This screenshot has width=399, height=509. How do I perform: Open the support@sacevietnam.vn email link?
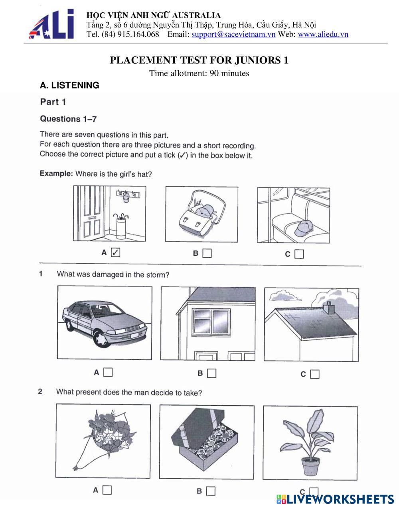tap(233, 34)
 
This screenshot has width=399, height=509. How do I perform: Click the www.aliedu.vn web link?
tap(323, 34)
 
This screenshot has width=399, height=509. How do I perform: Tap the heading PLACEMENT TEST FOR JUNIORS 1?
tap(199, 60)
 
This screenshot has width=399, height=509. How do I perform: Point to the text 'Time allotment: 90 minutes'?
tap(199, 73)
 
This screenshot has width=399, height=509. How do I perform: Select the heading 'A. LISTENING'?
tap(69, 85)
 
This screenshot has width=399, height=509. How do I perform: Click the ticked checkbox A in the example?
tap(115, 252)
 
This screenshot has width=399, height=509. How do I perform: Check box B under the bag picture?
tap(207, 253)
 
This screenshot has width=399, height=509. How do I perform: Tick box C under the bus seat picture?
tap(299, 254)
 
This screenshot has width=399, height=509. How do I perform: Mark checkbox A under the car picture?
tap(108, 372)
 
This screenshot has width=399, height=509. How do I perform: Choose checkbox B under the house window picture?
tap(211, 373)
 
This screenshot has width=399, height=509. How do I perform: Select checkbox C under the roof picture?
tap(315, 374)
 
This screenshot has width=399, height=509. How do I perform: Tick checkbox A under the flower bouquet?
tap(107, 490)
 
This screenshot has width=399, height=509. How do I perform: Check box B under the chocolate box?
tap(211, 491)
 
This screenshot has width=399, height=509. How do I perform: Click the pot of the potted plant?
tap(310, 465)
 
